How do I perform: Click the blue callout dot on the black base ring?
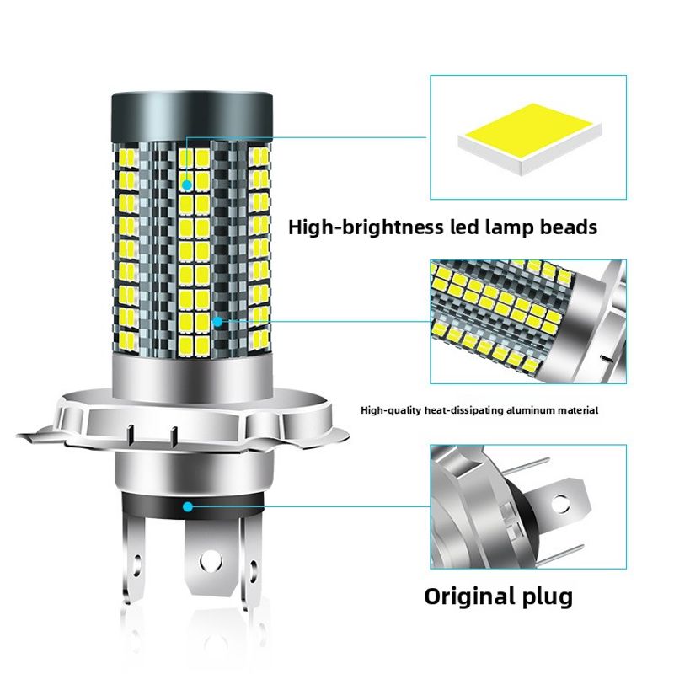pos(187,506)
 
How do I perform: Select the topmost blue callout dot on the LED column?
pos(186,183)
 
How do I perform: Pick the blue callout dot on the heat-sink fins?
pos(217,321)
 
